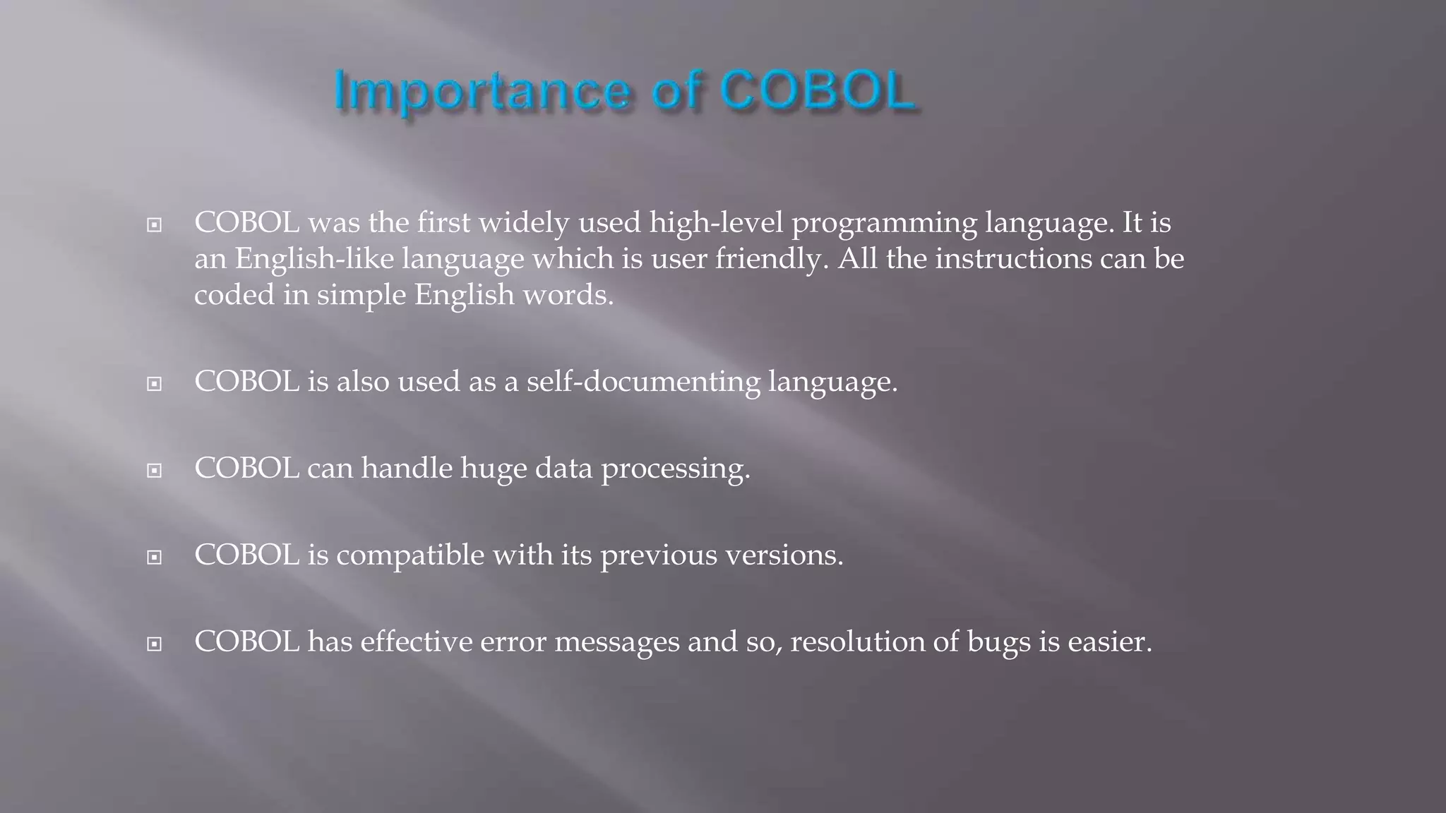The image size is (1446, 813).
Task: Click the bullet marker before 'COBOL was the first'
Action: click(x=154, y=226)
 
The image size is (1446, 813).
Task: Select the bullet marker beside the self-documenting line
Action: click(x=154, y=384)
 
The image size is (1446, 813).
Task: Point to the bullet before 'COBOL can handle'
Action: click(x=154, y=471)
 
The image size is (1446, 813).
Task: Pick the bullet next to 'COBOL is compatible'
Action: click(x=154, y=558)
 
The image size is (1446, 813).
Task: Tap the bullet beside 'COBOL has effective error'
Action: click(x=154, y=644)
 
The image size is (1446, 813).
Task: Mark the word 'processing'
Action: click(x=675, y=469)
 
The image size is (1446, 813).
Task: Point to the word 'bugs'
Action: click(x=996, y=642)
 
